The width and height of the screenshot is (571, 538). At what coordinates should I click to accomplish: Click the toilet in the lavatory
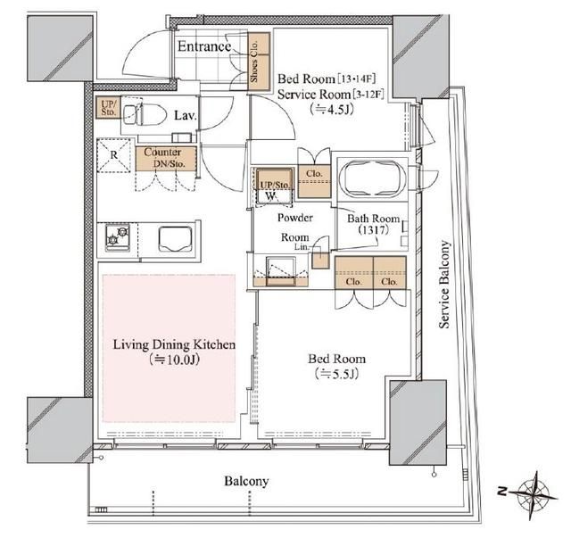[145, 114]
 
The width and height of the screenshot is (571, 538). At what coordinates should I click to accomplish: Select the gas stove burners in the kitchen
[118, 237]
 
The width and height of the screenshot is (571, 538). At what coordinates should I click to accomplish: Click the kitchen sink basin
[176, 239]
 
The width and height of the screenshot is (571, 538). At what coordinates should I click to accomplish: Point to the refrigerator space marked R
[113, 155]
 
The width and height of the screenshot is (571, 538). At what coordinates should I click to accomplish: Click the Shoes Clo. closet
[259, 62]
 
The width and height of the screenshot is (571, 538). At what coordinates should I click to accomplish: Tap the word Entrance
[204, 46]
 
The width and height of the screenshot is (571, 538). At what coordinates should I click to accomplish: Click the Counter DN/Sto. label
[164, 158]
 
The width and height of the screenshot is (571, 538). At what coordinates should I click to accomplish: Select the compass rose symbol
[534, 496]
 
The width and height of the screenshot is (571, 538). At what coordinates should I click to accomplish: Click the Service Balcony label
[444, 284]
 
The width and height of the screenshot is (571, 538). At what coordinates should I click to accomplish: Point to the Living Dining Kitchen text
[174, 344]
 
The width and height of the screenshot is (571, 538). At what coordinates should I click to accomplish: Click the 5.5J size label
[337, 374]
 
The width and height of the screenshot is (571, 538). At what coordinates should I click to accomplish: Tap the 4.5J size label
[331, 109]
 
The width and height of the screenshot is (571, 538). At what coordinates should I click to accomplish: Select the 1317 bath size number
[374, 230]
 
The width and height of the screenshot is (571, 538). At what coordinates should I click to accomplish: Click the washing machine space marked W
[271, 195]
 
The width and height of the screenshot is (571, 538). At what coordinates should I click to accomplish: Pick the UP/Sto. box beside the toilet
[108, 108]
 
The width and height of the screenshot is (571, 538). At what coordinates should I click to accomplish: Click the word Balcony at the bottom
[246, 481]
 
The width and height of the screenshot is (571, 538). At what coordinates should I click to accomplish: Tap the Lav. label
[186, 115]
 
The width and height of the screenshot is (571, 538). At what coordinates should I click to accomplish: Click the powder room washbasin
[281, 271]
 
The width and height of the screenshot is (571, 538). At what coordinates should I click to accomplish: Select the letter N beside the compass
[502, 491]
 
